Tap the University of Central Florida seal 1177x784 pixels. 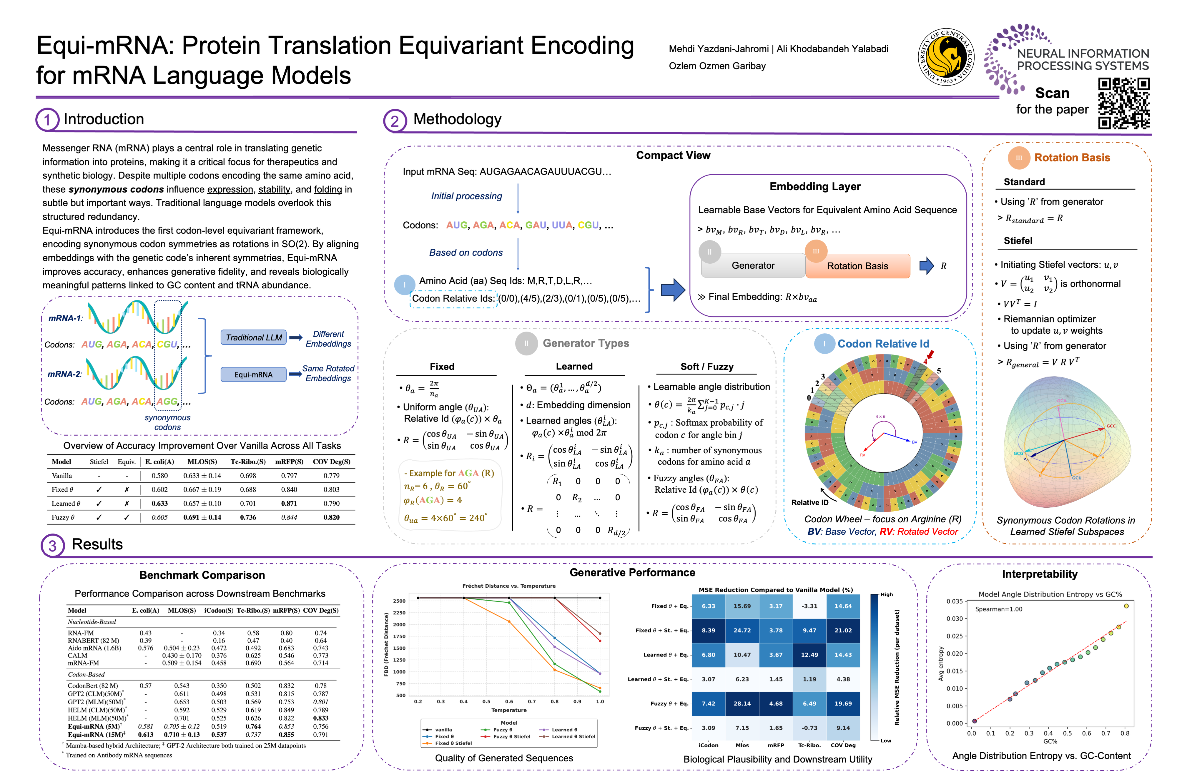tap(945, 56)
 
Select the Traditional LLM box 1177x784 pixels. tap(253, 337)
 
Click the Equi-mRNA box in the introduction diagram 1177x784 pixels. tap(253, 375)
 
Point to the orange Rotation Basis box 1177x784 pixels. tap(857, 266)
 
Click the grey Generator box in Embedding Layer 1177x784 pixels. tap(753, 265)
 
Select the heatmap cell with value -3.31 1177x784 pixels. tap(809, 606)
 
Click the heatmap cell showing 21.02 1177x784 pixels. tap(843, 631)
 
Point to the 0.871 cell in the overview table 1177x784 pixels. tap(289, 504)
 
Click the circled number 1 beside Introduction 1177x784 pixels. tap(47, 120)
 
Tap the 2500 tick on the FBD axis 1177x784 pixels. tap(399, 601)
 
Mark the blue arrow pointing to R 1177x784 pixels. tap(926, 265)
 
